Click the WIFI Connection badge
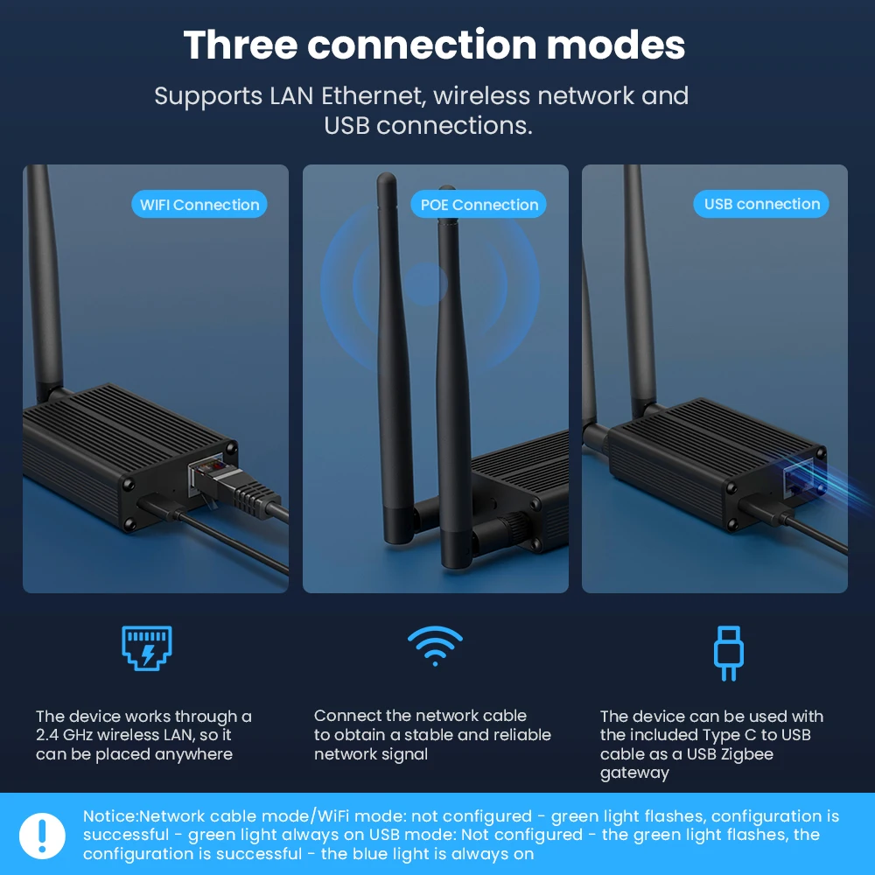click(x=199, y=204)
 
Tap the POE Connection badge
click(x=479, y=204)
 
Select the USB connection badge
click(x=761, y=204)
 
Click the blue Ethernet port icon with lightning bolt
click(x=147, y=647)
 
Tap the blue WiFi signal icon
click(x=435, y=647)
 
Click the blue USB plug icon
click(x=729, y=653)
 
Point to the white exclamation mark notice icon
click(x=42, y=836)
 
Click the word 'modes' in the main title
click(x=615, y=45)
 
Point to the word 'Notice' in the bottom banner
click(x=109, y=815)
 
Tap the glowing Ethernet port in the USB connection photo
click(x=799, y=478)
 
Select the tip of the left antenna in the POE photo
click(x=386, y=177)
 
